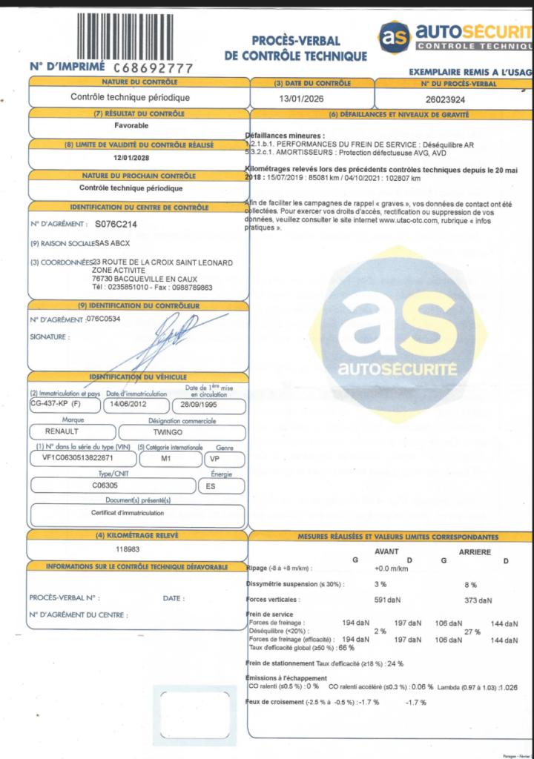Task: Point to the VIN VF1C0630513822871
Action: [x=73, y=459]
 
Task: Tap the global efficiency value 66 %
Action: [x=338, y=647]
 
